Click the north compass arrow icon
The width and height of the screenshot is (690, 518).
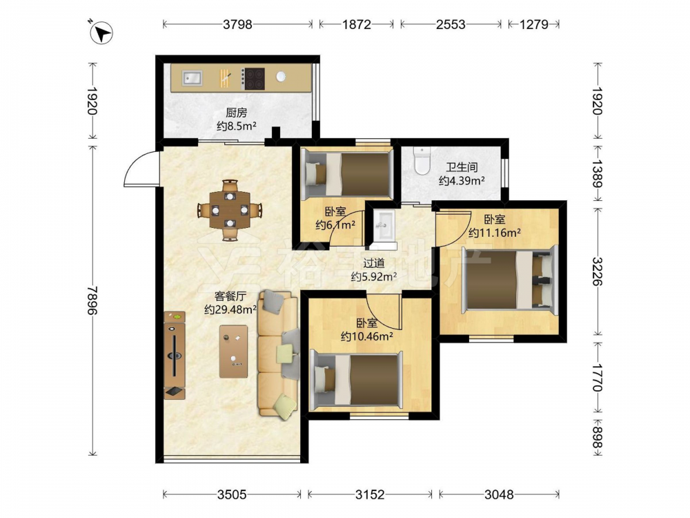(x=101, y=32)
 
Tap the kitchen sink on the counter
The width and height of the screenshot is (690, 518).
(x=193, y=78)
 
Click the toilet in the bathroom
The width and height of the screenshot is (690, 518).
(x=422, y=160)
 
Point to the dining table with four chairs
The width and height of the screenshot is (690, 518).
(x=229, y=210)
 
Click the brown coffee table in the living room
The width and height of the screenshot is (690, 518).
(x=233, y=351)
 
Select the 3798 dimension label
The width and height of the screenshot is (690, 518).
(x=237, y=24)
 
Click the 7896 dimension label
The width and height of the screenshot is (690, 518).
(x=92, y=300)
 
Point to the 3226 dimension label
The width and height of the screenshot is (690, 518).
(x=597, y=271)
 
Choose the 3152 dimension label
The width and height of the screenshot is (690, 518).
(x=370, y=495)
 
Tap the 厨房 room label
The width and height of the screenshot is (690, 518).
(x=236, y=113)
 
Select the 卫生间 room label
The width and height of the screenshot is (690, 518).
(x=462, y=167)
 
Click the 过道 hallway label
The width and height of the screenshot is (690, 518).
(x=373, y=263)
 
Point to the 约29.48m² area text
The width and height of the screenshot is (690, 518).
(x=230, y=309)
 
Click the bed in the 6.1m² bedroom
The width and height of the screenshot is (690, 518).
(x=347, y=173)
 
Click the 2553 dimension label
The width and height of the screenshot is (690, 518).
(x=451, y=24)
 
